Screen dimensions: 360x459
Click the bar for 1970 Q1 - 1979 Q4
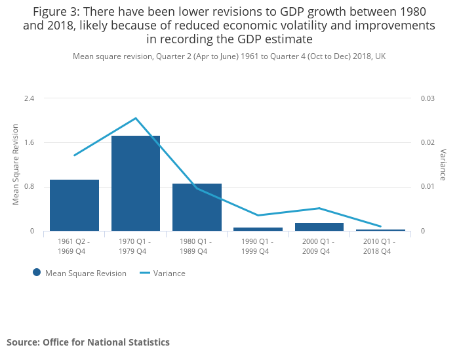click(136, 184)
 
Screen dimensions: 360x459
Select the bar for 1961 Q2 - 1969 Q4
click(74, 205)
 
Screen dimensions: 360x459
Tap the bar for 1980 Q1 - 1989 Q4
click(197, 207)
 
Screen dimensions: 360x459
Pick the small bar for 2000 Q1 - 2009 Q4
click(319, 227)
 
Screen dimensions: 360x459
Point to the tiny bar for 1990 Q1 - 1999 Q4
click(258, 229)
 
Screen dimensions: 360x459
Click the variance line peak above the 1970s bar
click(136, 118)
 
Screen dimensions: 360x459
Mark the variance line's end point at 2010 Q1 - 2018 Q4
click(380, 226)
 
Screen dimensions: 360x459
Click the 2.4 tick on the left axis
click(29, 98)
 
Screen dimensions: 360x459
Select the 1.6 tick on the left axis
click(29, 142)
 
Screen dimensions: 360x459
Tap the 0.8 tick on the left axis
click(29, 187)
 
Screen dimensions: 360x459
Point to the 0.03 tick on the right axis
click(428, 98)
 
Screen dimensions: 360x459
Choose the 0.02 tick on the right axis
click(428, 142)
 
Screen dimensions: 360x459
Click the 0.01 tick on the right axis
click(428, 187)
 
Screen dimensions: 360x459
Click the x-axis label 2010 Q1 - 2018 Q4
click(380, 246)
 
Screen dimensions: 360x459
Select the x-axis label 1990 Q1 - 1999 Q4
click(258, 246)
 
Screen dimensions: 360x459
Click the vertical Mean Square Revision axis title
click(16, 165)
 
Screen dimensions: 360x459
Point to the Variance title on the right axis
click(443, 165)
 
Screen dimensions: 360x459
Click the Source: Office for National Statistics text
click(88, 342)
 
